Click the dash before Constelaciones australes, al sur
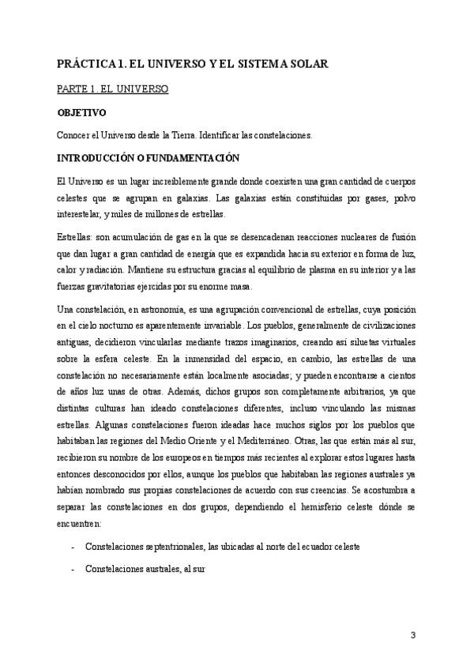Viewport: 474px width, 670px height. coord(73,567)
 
